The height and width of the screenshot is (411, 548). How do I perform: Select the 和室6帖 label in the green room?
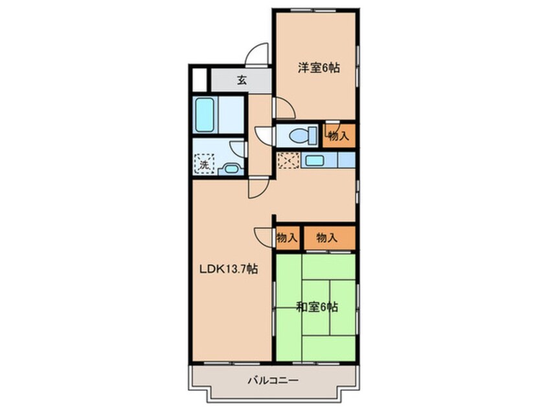(x=317, y=307)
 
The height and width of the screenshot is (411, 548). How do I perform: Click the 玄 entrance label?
(x=242, y=80)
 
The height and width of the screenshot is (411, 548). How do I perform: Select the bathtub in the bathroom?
(x=207, y=114)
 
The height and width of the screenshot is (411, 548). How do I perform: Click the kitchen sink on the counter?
(x=315, y=160)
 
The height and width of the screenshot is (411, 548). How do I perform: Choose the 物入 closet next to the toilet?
(x=339, y=136)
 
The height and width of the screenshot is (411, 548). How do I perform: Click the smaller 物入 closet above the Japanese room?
(x=287, y=238)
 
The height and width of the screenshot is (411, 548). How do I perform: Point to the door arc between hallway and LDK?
(x=257, y=189)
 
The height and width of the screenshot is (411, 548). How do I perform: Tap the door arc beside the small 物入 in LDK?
(x=264, y=237)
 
